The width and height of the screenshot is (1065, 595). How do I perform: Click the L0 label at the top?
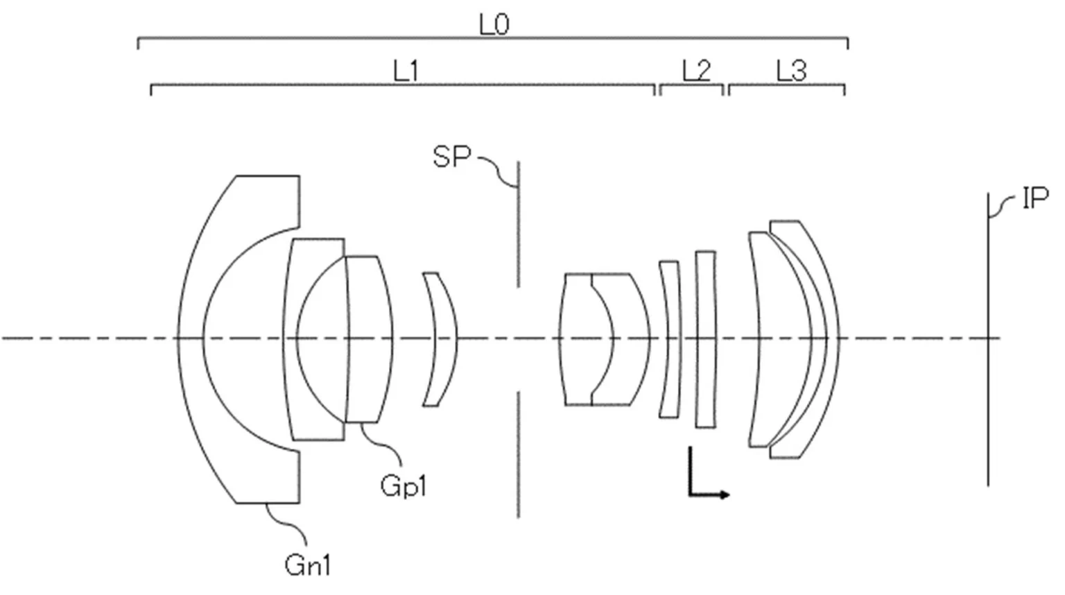coord(494,25)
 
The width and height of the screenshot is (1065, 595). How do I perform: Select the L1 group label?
coord(406,71)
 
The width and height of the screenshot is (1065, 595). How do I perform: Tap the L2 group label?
coord(696,71)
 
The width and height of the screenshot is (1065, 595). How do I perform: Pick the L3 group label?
coord(790,71)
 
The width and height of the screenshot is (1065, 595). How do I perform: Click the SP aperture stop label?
coord(451,157)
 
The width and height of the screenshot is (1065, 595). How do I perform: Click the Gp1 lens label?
coord(403,485)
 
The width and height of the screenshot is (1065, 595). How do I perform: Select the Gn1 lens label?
coord(307,566)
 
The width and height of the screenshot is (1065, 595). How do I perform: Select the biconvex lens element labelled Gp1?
coord(370,339)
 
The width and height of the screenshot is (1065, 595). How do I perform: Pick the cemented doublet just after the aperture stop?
coord(603,339)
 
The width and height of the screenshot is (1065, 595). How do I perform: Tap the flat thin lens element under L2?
coord(705,339)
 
